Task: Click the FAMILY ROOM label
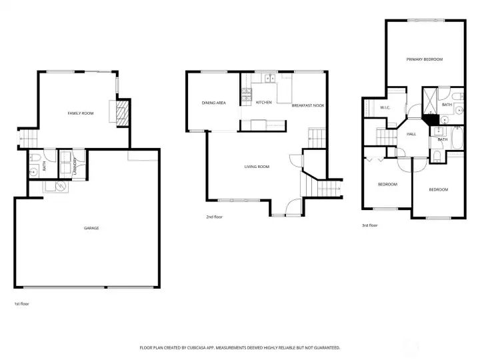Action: point(80,114)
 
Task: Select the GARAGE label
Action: point(91,228)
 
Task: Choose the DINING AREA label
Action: point(214,103)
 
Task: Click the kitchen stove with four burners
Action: point(246,94)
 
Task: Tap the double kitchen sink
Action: point(271,79)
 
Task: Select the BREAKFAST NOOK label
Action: point(308,105)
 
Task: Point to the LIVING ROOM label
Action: point(257,167)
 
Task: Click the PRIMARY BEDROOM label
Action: point(425,59)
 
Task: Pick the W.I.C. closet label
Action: point(385,107)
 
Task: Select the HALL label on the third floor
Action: point(411,135)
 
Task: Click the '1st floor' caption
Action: point(21,303)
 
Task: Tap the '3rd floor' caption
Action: point(369,225)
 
